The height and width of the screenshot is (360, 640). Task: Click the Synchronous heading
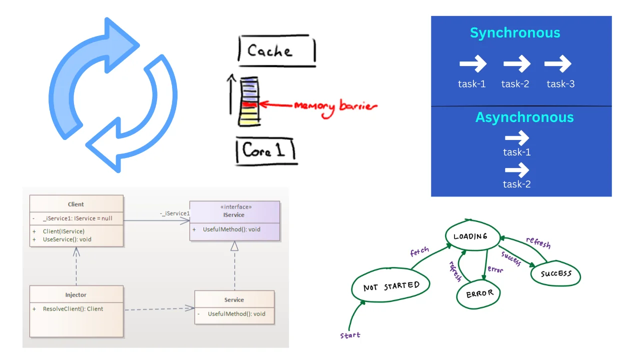515,33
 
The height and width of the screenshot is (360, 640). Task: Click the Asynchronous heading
524,117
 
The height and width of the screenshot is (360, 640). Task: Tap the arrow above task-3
557,64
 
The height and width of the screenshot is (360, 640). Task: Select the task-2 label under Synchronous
515,84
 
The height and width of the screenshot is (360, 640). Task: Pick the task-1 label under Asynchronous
516,152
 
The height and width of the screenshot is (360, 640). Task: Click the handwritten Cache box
276,50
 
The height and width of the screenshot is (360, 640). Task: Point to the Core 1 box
265,151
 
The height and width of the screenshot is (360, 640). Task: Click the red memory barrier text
335,106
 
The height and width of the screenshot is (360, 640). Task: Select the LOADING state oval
470,236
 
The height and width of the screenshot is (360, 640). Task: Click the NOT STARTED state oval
391,286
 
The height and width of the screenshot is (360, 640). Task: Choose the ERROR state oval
479,294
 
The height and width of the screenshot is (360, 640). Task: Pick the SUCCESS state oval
555,274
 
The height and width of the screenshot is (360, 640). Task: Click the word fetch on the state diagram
419,251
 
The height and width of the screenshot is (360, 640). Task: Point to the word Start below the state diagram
350,335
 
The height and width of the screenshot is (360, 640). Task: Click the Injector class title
76,295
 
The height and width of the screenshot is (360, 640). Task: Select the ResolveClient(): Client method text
73,309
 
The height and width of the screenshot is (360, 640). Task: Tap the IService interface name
234,215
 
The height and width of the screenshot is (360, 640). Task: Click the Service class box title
234,300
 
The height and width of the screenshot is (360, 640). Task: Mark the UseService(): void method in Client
67,239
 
